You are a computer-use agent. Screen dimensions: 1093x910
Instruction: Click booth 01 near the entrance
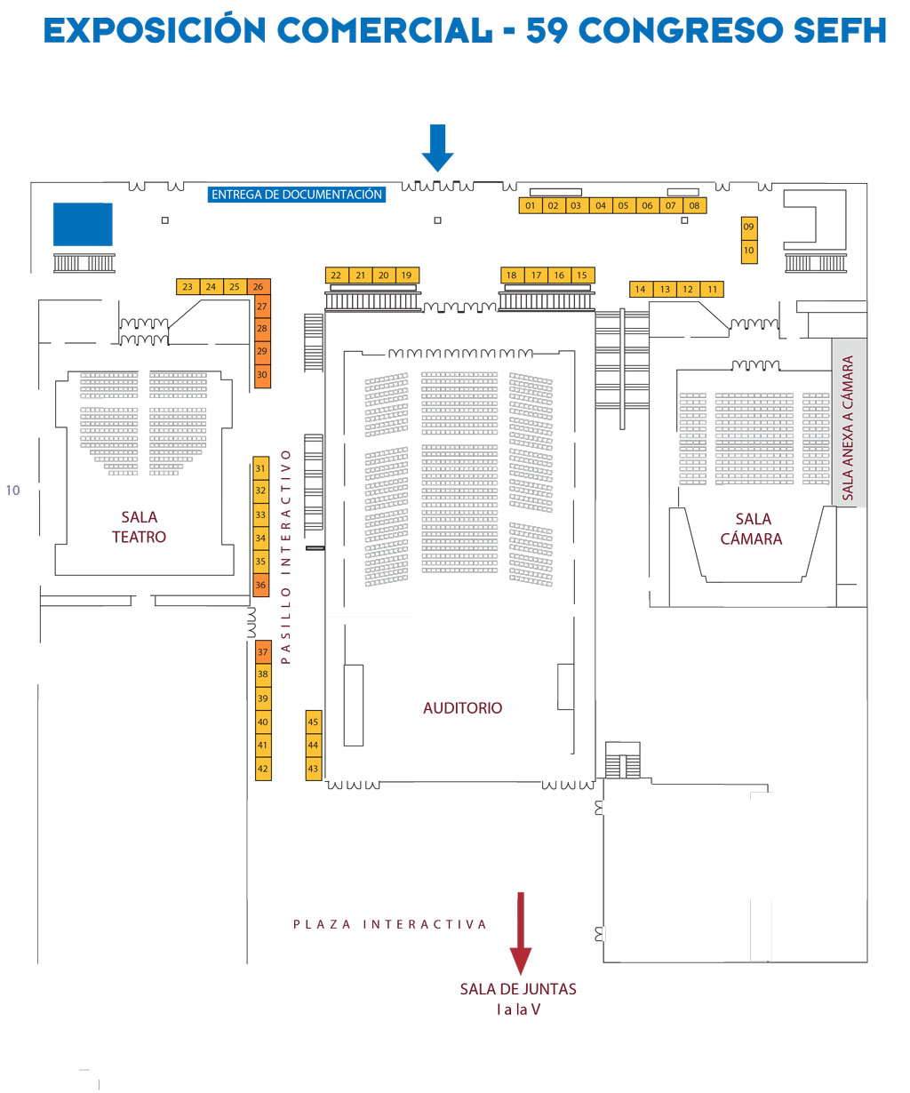[531, 205]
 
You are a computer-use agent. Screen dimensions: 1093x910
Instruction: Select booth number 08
[694, 205]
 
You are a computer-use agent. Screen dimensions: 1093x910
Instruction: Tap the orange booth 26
[258, 286]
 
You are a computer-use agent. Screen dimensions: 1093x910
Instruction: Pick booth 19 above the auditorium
[406, 275]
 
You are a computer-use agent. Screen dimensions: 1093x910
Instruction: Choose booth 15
[582, 275]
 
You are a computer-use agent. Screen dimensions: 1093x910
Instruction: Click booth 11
[712, 289]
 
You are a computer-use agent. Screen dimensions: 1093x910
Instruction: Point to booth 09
[748, 227]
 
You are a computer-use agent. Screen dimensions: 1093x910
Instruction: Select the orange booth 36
[260, 585]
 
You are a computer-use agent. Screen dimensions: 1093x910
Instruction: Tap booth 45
[313, 722]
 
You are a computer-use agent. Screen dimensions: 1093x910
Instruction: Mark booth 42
[262, 769]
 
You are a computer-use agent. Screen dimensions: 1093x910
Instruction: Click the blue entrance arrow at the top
[437, 148]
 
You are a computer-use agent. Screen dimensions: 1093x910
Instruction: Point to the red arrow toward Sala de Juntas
[521, 933]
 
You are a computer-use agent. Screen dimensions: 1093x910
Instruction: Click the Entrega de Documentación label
[297, 195]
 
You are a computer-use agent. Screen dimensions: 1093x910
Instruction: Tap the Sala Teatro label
[139, 527]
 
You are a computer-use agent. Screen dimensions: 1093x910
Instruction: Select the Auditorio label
[462, 708]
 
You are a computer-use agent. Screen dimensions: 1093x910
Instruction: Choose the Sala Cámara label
[752, 529]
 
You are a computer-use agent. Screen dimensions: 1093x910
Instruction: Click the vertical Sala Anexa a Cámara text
[848, 428]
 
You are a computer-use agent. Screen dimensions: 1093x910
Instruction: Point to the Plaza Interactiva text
[390, 924]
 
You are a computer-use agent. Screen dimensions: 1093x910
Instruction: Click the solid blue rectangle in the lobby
[83, 225]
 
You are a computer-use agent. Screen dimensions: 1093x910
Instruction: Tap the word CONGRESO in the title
[681, 30]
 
